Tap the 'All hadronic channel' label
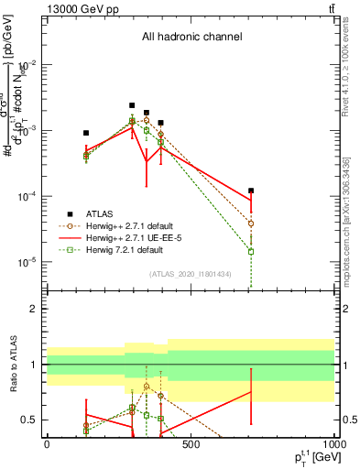tap(191, 38)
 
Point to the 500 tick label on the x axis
tap(190, 444)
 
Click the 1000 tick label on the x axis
tap(331, 444)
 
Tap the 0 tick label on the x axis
tap(47, 444)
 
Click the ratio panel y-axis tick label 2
tap(34, 309)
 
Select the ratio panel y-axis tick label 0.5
tap(29, 420)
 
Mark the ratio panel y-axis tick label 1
tap(34, 365)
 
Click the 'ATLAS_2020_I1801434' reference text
tap(190, 274)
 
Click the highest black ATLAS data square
tap(132, 105)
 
